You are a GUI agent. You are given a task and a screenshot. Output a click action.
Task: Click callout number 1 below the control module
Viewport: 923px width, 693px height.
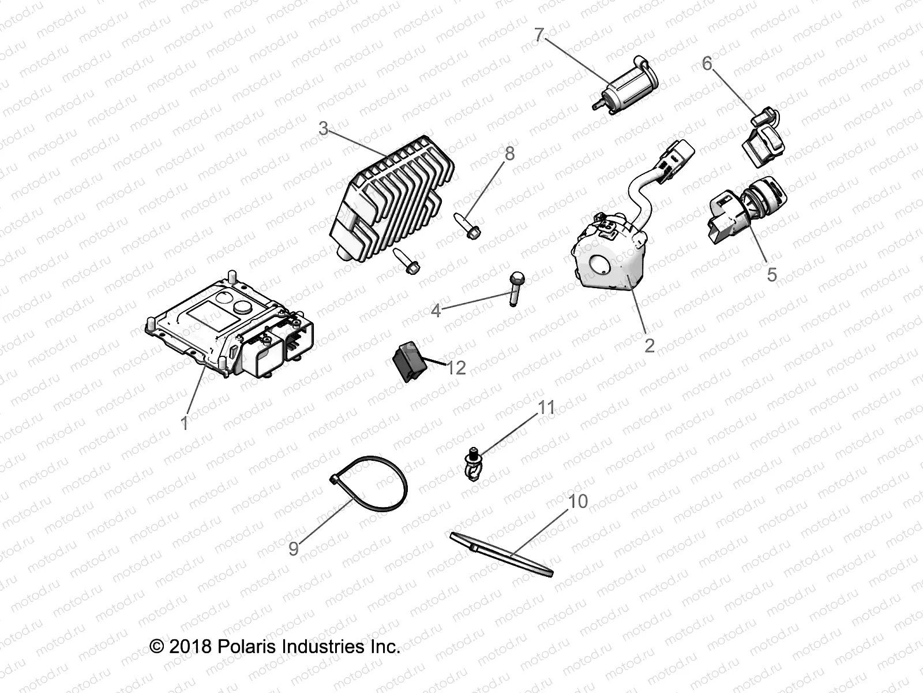(x=184, y=423)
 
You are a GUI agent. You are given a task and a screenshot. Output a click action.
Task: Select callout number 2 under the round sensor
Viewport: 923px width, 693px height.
(x=649, y=346)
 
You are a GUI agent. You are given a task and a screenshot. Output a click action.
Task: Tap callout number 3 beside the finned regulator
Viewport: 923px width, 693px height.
(x=323, y=128)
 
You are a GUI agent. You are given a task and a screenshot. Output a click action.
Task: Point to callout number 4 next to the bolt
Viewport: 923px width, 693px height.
(x=436, y=311)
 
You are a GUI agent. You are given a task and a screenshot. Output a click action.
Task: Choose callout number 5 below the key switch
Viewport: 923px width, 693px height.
(x=772, y=275)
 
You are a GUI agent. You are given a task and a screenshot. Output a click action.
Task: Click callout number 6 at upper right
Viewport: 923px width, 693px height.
(x=707, y=64)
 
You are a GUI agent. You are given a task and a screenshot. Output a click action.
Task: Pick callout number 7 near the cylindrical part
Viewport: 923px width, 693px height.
(x=539, y=35)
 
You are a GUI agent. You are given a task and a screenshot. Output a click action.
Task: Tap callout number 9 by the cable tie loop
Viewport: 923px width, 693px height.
(x=294, y=549)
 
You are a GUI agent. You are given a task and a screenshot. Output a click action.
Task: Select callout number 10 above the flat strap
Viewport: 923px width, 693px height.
(x=578, y=501)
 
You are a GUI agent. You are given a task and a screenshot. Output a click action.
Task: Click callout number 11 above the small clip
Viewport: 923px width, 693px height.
(x=546, y=407)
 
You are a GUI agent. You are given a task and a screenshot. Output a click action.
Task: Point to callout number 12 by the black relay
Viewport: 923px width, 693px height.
(x=456, y=368)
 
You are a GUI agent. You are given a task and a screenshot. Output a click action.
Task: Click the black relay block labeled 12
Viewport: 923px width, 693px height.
(x=409, y=362)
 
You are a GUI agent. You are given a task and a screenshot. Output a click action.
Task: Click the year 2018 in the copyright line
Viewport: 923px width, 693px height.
(x=190, y=646)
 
